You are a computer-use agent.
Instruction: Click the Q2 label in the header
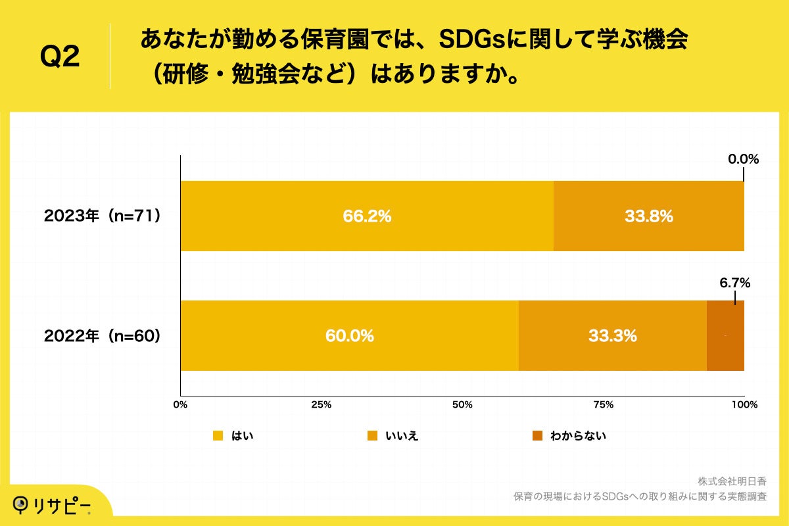point(60,57)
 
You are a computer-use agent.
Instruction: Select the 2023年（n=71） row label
point(103,216)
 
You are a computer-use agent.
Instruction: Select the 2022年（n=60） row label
point(103,335)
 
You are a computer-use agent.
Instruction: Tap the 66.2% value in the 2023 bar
point(367,216)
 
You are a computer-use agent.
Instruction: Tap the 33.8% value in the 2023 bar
point(648,216)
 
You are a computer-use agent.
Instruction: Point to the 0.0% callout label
point(743,159)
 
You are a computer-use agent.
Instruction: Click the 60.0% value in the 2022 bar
point(349,336)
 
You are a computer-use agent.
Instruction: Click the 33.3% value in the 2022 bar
point(612,336)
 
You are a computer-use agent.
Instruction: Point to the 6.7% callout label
point(734,283)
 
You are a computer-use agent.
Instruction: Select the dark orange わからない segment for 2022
point(725,336)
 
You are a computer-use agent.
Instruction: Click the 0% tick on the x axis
point(180,405)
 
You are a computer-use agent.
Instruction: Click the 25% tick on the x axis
point(321,405)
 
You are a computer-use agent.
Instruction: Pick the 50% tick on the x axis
point(462,405)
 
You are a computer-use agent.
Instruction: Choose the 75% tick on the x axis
point(603,405)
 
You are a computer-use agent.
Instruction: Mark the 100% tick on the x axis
point(744,405)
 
